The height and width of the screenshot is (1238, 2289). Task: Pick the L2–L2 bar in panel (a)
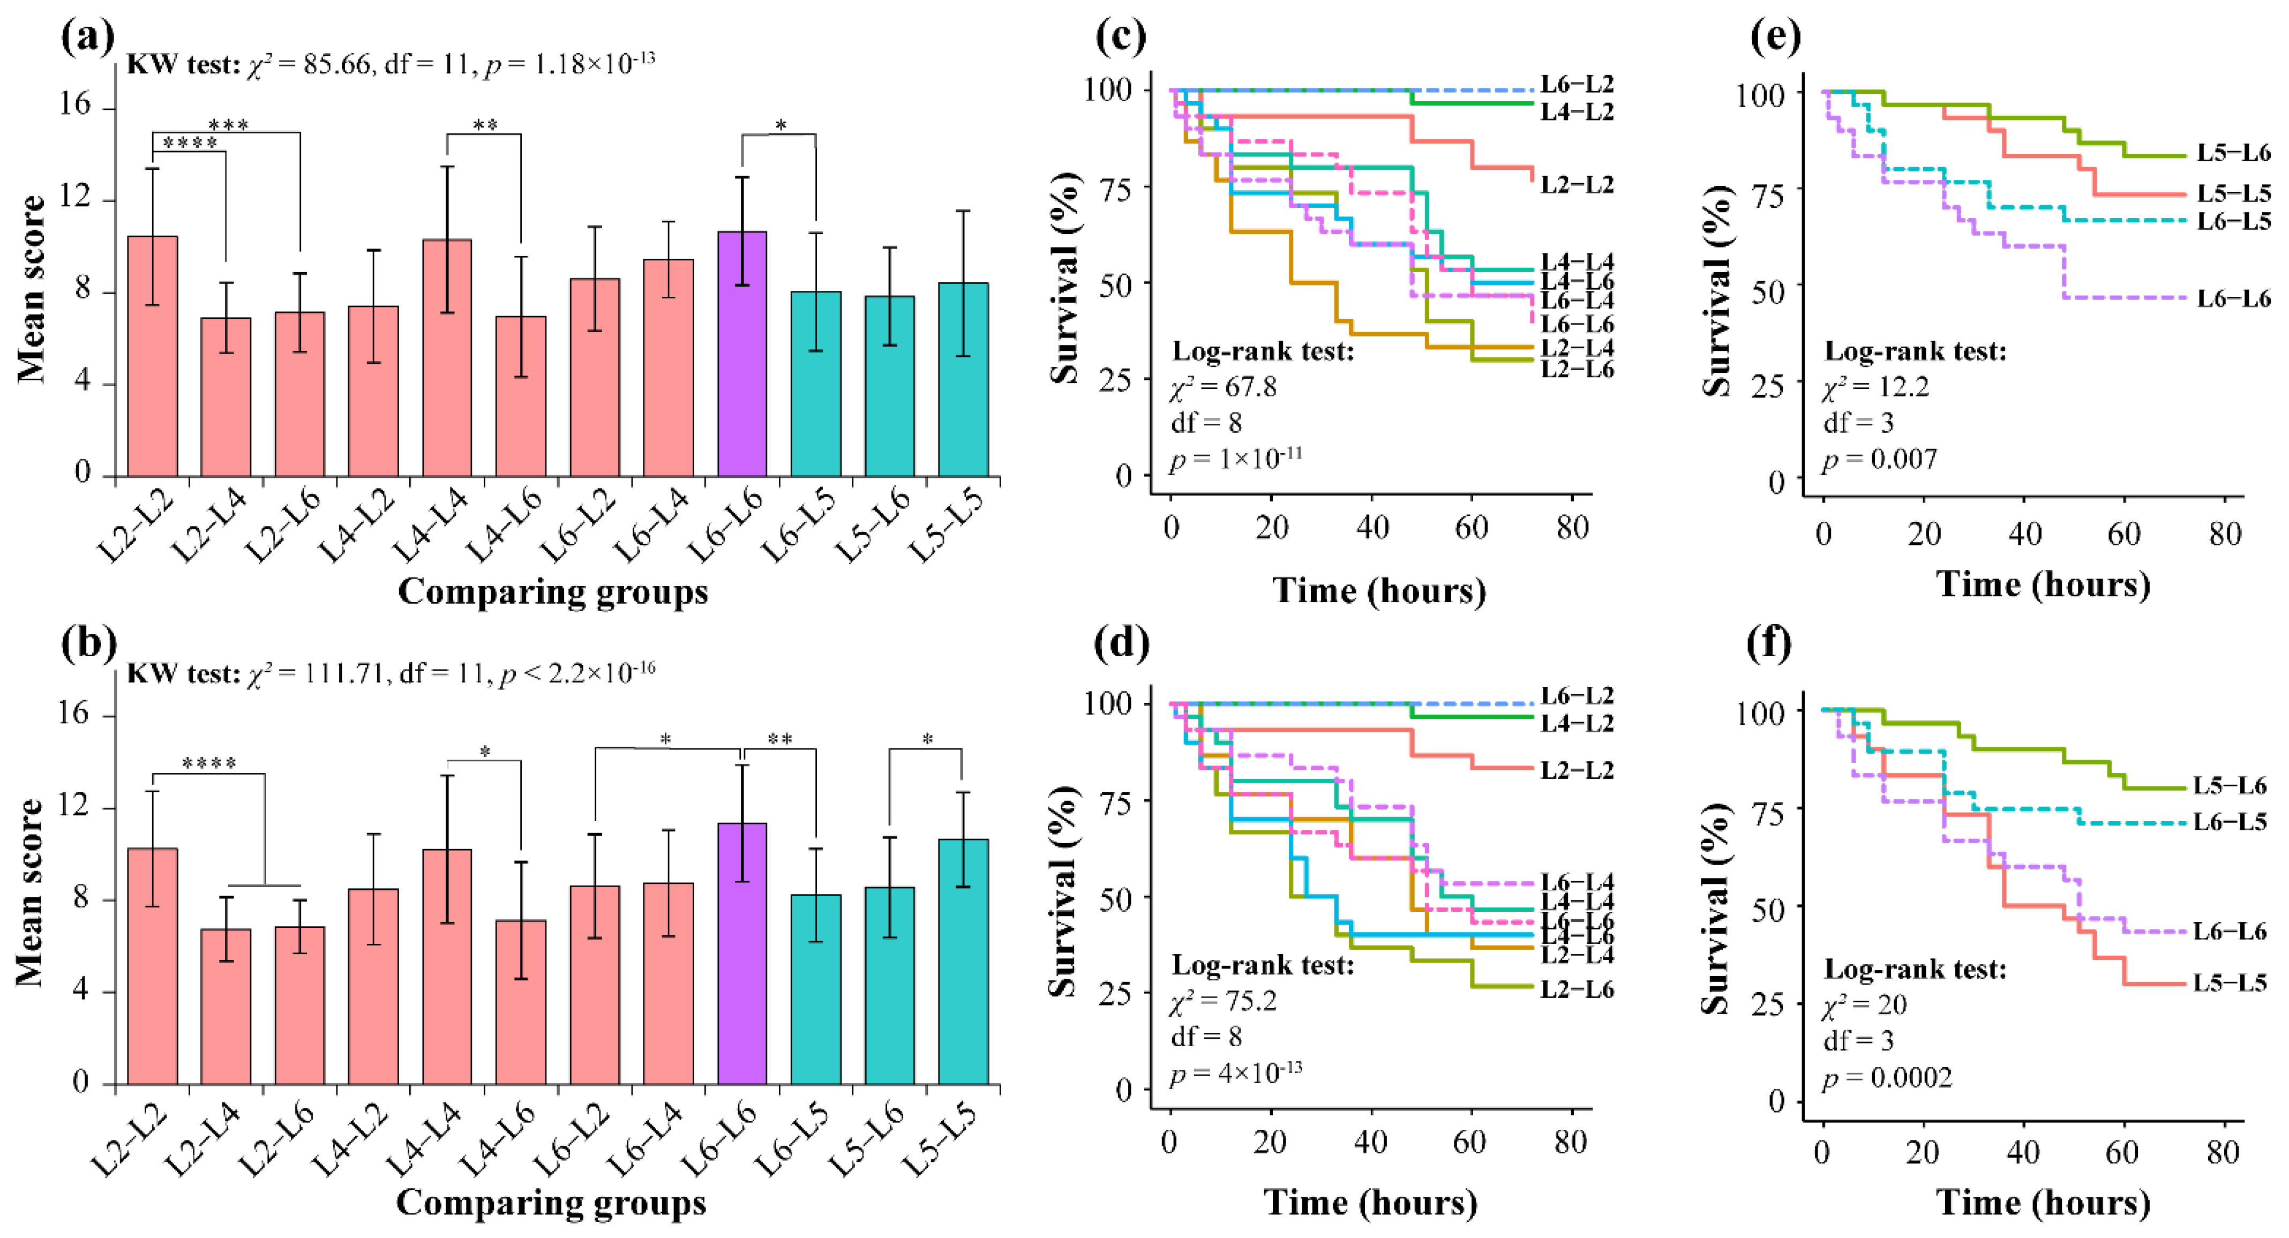153,356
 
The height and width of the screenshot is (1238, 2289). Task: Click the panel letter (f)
1768,642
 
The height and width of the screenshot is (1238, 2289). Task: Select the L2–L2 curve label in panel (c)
1577,185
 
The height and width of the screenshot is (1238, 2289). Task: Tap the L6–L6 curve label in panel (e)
2233,298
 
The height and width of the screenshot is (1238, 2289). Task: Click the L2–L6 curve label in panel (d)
1577,989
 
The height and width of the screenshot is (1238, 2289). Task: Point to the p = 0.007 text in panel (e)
1879,460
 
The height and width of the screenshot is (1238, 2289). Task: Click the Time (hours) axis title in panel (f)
2043,1203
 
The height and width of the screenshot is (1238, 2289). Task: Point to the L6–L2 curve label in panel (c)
1577,85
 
